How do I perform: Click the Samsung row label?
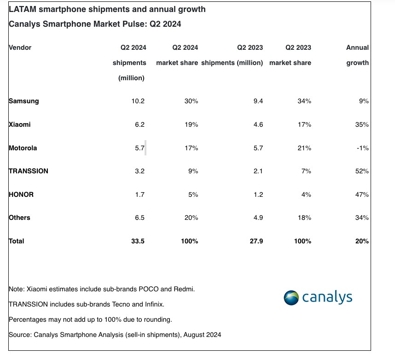pos(24,101)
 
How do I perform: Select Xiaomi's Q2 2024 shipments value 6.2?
pos(139,124)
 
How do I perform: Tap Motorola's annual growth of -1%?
pos(363,148)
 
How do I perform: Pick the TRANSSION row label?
pos(29,171)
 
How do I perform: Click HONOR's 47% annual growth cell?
pos(362,195)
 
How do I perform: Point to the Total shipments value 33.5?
pos(137,241)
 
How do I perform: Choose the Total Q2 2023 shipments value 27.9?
pos(256,241)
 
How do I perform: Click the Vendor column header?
pos(20,47)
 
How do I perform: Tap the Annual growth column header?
pos(358,55)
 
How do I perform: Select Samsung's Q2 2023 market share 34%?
pos(304,101)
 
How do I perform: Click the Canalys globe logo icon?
pos(292,297)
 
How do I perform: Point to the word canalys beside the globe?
pos(327,297)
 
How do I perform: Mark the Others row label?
pos(20,218)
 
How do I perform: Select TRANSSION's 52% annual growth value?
pos(362,171)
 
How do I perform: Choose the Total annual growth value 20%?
pos(362,241)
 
